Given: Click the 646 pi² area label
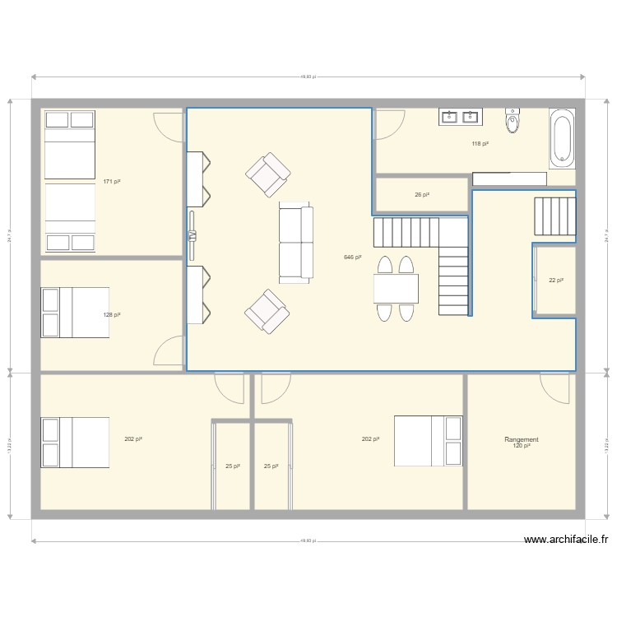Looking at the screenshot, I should point(352,257).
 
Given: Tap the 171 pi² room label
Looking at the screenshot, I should point(113,182).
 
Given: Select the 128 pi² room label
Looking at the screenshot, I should point(113,315).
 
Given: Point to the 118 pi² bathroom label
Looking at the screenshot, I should point(480,144).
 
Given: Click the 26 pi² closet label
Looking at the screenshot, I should point(422,195).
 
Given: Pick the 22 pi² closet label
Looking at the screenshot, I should point(556,281).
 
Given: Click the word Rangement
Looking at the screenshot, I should point(522,440).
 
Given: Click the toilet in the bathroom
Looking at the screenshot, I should point(513,121).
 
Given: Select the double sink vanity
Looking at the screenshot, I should point(461,117).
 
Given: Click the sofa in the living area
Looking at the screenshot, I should point(296,244).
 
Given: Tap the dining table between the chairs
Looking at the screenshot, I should point(396,289).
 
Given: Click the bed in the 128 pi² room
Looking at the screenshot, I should point(75,313).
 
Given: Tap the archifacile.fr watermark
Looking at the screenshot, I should point(566,540).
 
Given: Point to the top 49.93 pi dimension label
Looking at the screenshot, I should point(308,77).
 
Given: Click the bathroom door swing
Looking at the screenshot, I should point(388,125).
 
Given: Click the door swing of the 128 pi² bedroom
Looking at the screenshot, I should point(169,352).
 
